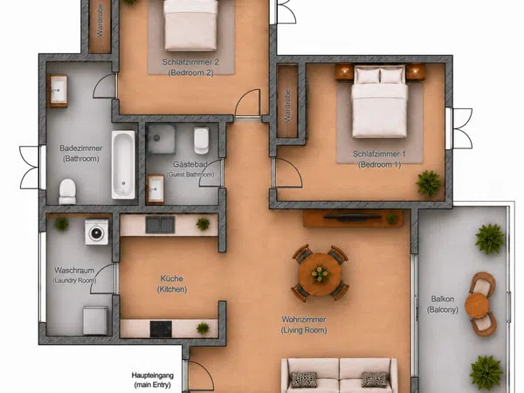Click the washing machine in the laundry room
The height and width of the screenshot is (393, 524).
[96, 232]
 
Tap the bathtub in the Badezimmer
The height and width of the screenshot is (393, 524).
[123, 165]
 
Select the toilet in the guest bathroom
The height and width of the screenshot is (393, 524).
[202, 141]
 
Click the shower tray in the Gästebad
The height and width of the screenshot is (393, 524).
[161, 139]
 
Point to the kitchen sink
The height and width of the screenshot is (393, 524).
[160, 224]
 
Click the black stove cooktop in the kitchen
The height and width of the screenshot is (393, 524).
[161, 329]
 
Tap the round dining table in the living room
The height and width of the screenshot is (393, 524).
[321, 274]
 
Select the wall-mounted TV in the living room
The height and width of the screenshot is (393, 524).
[353, 217]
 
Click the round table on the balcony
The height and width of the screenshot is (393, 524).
[477, 306]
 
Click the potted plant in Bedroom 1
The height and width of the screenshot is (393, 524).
[429, 183]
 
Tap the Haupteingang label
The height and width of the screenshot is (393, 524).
[152, 376]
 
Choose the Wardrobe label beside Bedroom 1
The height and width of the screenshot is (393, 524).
[287, 106]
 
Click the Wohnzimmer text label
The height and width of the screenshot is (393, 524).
[304, 320]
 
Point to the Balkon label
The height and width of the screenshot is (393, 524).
[442, 299]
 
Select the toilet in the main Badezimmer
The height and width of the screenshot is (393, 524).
[67, 191]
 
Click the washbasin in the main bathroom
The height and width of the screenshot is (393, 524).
[59, 91]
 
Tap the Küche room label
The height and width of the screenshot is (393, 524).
[172, 279]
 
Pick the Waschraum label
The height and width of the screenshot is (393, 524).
[74, 270]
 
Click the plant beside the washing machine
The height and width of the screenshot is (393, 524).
[61, 224]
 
